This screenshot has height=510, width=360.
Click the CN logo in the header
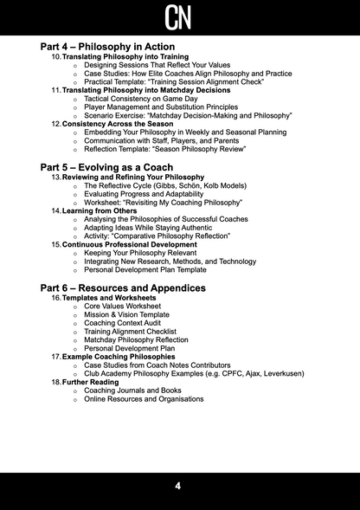(x=179, y=16)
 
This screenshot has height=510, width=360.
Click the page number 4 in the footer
(x=178, y=487)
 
